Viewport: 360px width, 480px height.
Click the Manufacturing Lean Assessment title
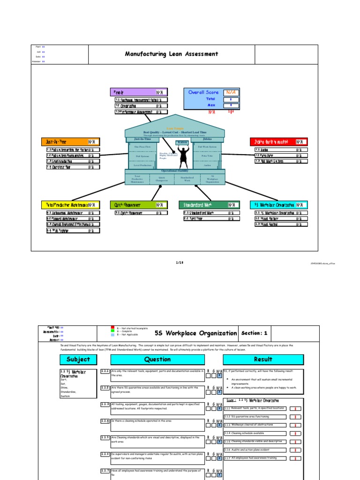171,54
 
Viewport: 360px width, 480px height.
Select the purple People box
139,92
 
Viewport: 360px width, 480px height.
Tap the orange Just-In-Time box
71,142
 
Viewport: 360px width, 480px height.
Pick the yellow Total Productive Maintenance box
71,205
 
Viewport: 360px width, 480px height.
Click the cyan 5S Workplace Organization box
279,205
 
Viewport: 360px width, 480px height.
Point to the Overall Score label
203,92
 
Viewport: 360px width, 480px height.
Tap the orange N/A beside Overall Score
231,92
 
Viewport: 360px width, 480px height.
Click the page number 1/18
180,262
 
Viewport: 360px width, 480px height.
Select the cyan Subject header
78,360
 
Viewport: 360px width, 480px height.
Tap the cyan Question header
157,360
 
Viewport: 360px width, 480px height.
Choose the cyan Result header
263,360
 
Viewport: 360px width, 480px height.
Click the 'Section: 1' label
255,333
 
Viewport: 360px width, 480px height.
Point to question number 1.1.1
105,371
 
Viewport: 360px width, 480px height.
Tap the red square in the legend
112,328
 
